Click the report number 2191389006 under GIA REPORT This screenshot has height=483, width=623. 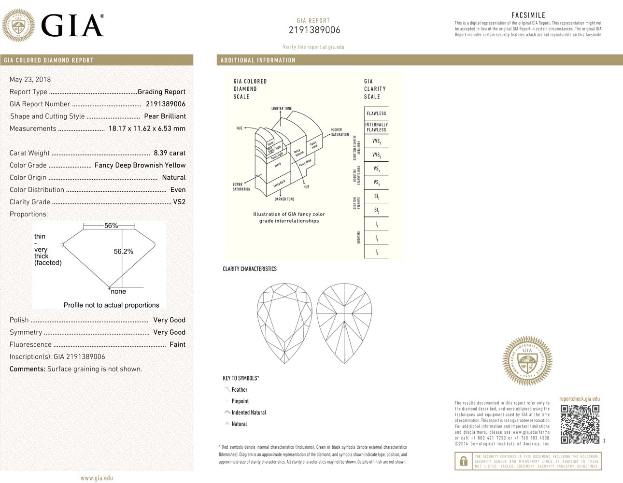click(314, 30)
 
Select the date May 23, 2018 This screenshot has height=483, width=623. click(30, 80)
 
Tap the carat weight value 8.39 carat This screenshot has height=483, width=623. click(170, 153)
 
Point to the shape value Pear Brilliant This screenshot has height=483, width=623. click(165, 116)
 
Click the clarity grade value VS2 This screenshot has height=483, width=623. click(179, 202)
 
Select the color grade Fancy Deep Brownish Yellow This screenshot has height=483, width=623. click(140, 165)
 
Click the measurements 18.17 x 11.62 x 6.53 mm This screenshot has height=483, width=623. click(147, 128)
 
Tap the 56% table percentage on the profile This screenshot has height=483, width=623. click(111, 226)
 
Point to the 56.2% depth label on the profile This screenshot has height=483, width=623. click(123, 252)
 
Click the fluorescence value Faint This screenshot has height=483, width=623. click(177, 344)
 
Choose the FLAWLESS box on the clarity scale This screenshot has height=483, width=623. click(376, 114)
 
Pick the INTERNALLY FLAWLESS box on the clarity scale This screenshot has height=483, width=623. click(376, 127)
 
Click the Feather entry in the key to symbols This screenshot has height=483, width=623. click(239, 390)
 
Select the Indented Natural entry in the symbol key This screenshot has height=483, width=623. click(248, 412)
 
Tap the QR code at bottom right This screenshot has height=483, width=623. click(580, 424)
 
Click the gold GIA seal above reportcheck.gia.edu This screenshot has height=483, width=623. click(527, 361)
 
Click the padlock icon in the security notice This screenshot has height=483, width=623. click(463, 461)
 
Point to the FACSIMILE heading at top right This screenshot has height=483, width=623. click(528, 15)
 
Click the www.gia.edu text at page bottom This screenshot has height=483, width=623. click(97, 478)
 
